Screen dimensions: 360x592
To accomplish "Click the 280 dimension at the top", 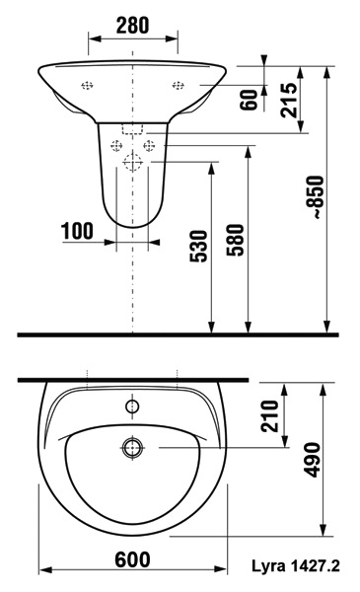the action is [x=132, y=26].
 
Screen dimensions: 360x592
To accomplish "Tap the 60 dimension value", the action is [x=249, y=100].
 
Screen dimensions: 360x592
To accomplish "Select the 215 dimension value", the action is [x=289, y=101].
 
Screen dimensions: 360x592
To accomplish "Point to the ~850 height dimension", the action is [x=315, y=197].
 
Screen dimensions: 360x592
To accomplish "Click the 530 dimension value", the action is [x=198, y=246].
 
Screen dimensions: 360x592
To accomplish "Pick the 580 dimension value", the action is [x=236, y=240].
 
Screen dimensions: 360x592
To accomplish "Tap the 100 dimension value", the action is [x=77, y=231].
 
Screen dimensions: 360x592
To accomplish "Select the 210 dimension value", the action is [x=270, y=416].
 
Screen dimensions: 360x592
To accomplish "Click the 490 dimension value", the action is [x=312, y=460].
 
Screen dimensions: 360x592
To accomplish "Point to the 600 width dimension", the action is [x=132, y=559].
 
